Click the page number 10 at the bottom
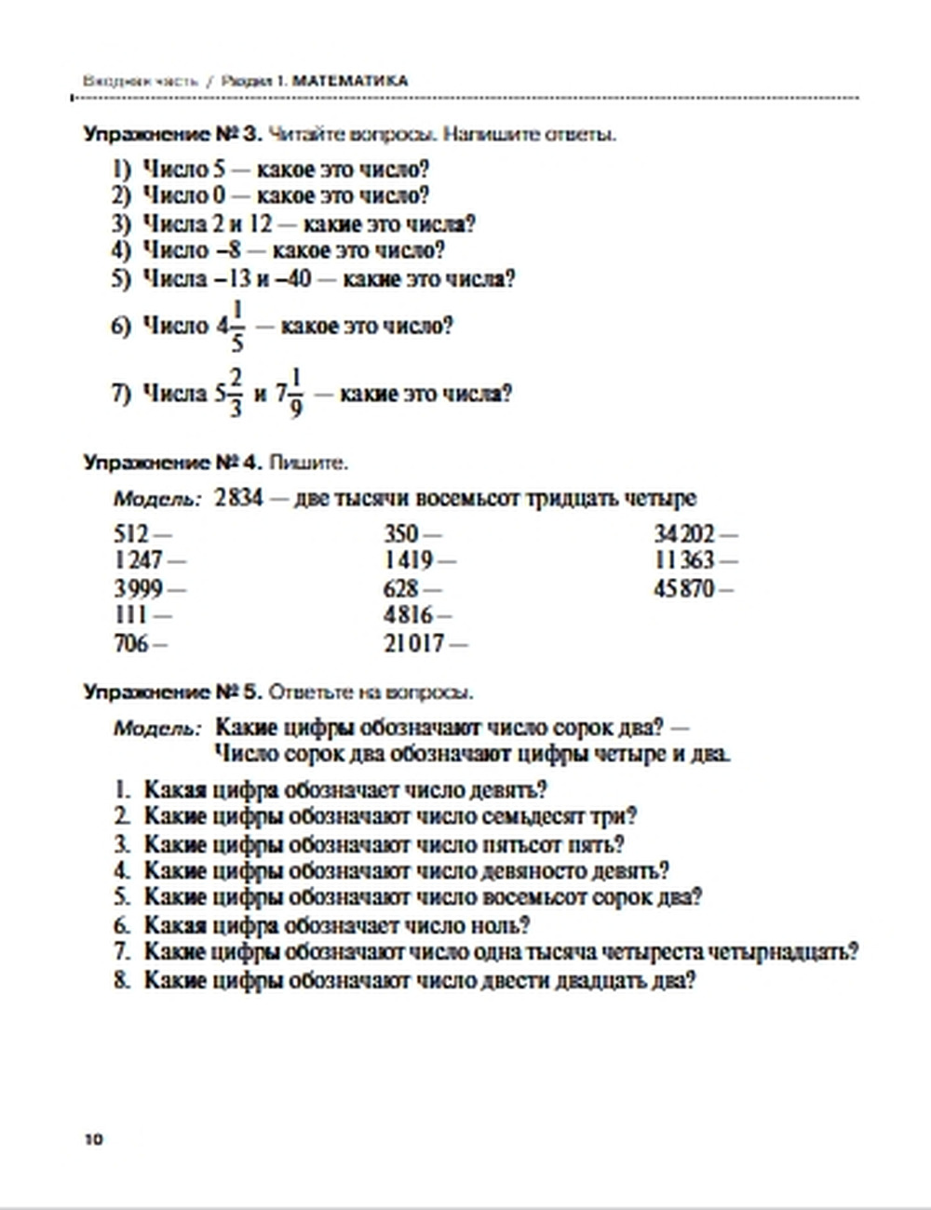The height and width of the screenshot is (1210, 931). pyautogui.click(x=94, y=1139)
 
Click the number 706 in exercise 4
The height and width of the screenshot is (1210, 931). pyautogui.click(x=131, y=643)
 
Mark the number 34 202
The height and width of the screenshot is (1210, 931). pyautogui.click(x=684, y=534)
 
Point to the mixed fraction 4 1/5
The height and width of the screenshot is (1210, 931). pyautogui.click(x=230, y=326)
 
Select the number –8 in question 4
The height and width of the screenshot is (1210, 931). pyautogui.click(x=228, y=251)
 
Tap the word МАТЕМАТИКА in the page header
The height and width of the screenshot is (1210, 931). pyautogui.click(x=350, y=81)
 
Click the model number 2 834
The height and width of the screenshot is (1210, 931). pyautogui.click(x=238, y=498)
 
